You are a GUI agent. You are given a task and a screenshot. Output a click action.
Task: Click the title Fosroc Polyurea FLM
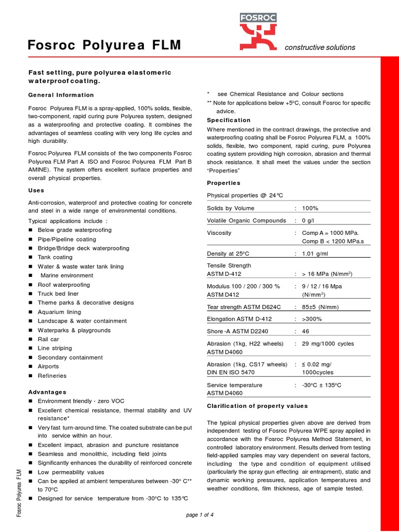click(x=104, y=46)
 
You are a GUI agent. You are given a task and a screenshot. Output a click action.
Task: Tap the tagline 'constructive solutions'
click(x=320, y=47)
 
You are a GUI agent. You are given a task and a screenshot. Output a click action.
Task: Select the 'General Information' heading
click(x=61, y=95)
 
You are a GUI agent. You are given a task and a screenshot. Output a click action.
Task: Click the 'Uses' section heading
click(x=36, y=191)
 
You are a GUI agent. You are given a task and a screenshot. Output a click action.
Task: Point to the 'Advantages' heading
click(x=47, y=392)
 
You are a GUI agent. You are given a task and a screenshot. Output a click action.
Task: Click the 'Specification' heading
click(x=229, y=120)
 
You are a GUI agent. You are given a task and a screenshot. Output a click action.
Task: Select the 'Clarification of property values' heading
click(x=257, y=406)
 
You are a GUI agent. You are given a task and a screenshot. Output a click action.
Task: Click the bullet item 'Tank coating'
click(x=55, y=257)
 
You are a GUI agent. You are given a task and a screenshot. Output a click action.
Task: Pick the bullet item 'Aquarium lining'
click(x=59, y=312)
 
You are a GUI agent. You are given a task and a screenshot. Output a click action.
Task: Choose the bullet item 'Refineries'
click(x=52, y=376)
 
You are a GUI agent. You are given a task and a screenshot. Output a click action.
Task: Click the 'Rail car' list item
click(x=48, y=339)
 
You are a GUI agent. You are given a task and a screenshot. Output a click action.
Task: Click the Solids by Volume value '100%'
click(x=310, y=208)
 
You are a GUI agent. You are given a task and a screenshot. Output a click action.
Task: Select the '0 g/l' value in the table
click(x=308, y=220)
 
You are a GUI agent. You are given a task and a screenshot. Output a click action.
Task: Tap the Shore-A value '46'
click(x=306, y=330)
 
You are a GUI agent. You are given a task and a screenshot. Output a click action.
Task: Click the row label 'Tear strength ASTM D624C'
click(x=244, y=307)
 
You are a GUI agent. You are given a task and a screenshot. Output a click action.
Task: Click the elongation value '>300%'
click(x=312, y=319)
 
